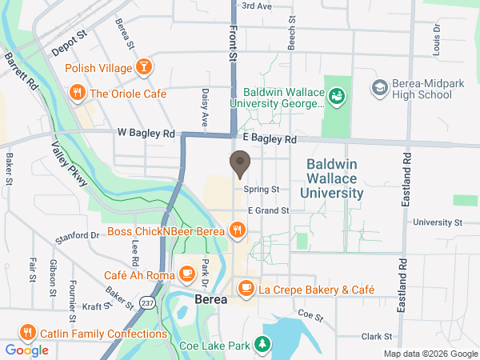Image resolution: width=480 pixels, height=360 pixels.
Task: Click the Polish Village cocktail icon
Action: click(144, 68)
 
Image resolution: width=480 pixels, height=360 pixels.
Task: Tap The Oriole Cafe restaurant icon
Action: click(78, 94)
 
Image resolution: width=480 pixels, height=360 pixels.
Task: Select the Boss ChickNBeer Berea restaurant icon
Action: click(237, 232)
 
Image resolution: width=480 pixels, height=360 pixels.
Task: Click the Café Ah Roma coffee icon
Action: click(186, 275)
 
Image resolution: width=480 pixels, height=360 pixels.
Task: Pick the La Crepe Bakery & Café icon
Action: click(246, 287)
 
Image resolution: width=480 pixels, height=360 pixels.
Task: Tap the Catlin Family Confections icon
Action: click(26, 332)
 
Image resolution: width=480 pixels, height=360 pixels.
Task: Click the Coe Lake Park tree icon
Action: click(262, 345)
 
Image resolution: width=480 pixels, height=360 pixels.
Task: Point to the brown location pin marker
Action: click(239, 164)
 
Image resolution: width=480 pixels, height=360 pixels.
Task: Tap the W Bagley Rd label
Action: click(146, 133)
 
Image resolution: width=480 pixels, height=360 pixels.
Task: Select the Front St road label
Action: click(234, 44)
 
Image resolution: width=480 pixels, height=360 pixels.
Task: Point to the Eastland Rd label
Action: click(406, 181)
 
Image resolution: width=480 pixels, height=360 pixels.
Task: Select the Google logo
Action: click(26, 350)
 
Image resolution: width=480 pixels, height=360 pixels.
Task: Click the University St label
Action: click(438, 222)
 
